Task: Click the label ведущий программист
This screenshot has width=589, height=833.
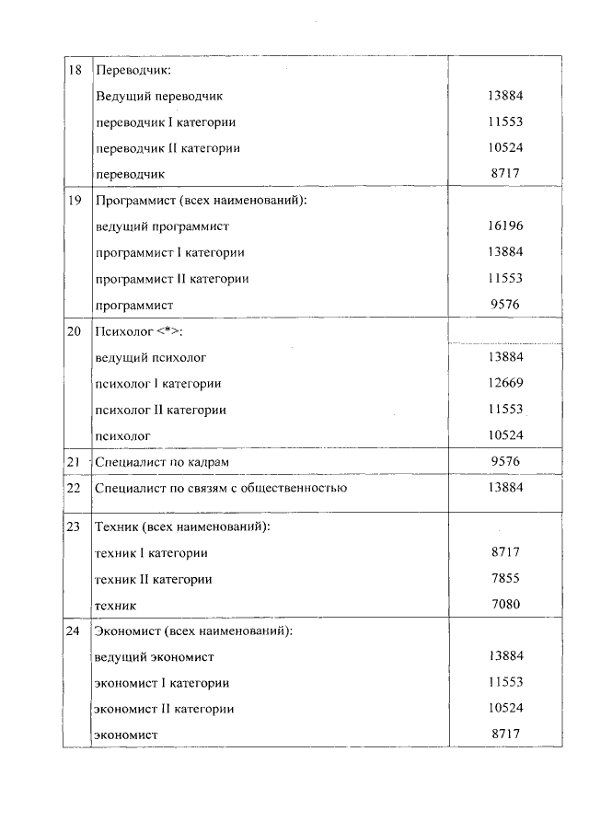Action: pos(162,226)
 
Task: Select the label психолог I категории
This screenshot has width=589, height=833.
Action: pos(158,383)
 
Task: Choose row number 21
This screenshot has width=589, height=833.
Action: pos(74,461)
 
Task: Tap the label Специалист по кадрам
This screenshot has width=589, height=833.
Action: pos(155,461)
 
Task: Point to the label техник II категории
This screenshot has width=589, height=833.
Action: pos(154,579)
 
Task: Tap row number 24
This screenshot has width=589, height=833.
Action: pos(74,631)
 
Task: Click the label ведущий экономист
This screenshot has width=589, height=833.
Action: pos(155,656)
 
